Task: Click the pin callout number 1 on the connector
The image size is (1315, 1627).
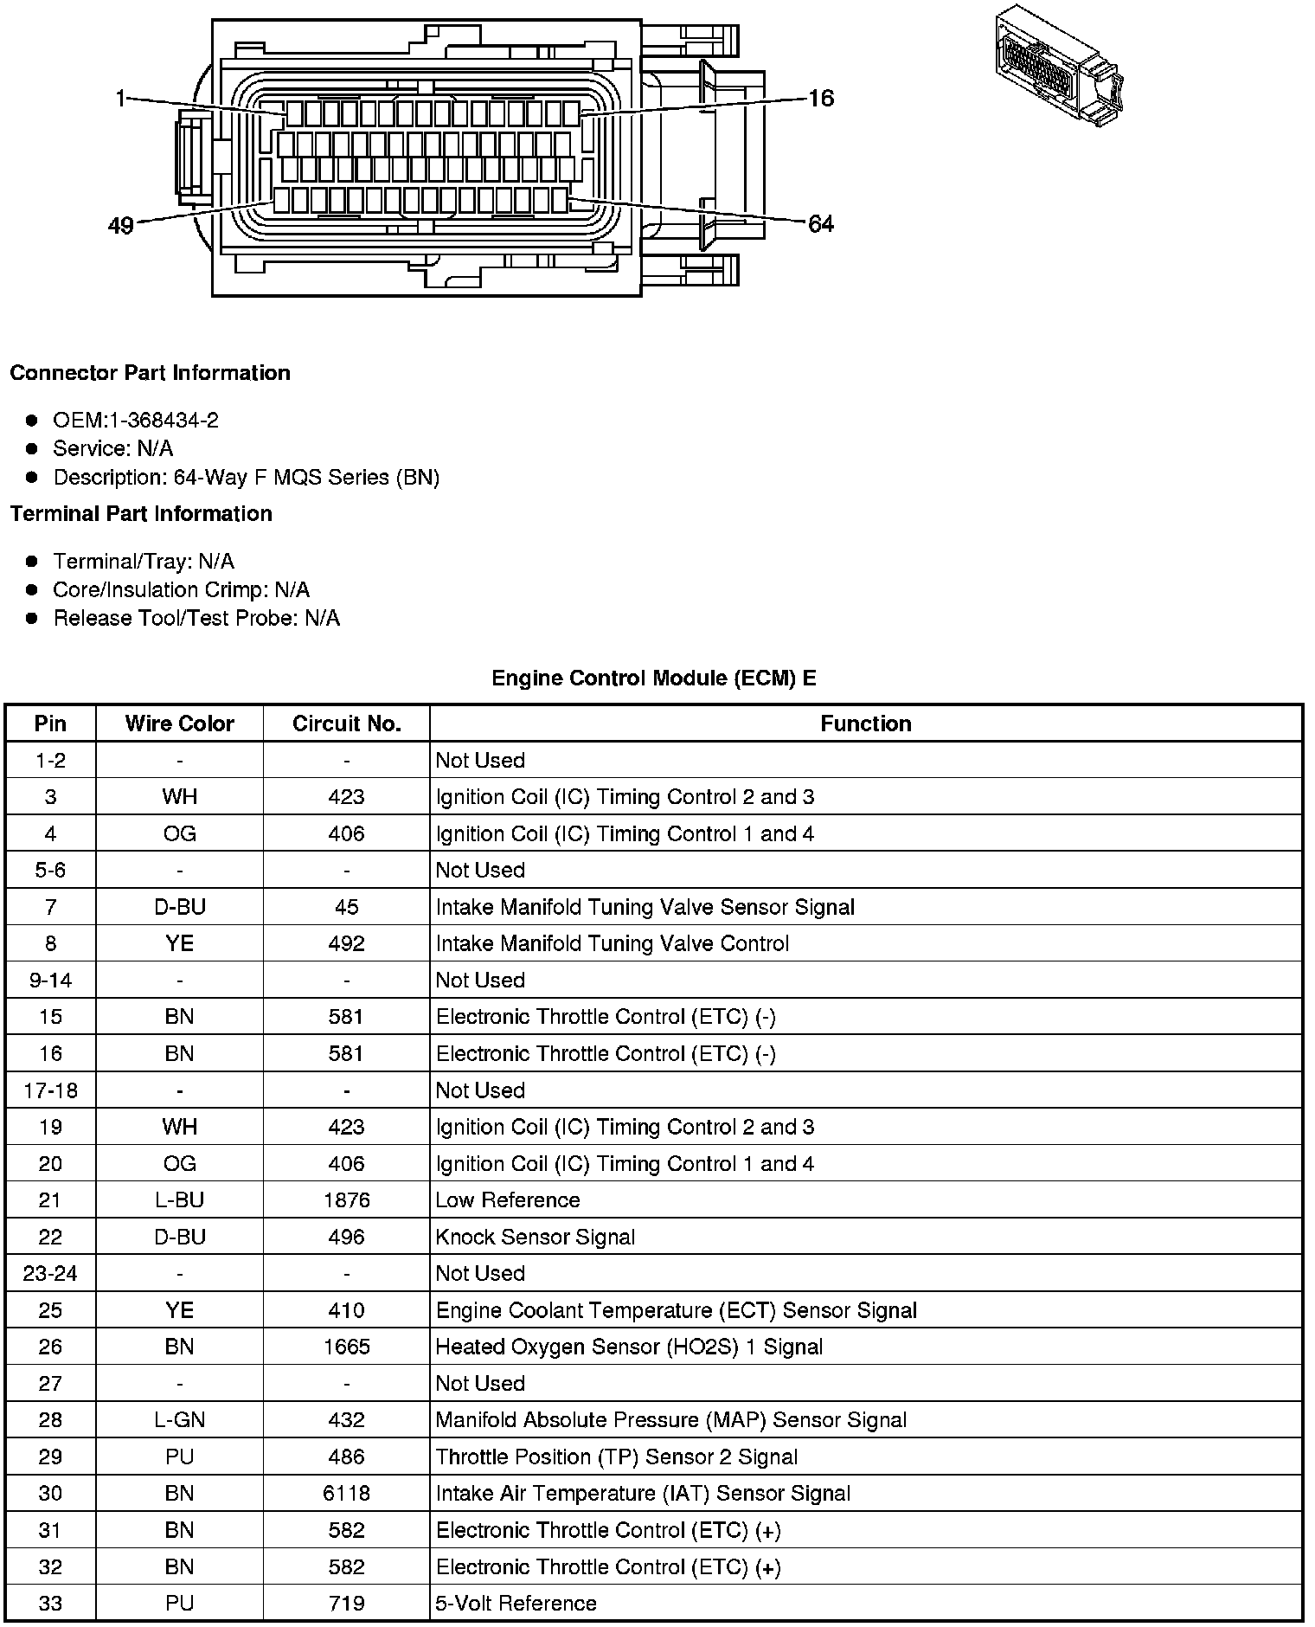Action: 120,100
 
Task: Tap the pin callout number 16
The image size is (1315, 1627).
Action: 820,99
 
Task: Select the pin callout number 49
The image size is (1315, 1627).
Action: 121,226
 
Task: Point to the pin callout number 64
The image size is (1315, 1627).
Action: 820,225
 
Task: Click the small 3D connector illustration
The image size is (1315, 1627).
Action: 1059,68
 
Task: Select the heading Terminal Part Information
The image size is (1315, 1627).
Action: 141,514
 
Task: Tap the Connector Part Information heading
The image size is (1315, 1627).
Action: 150,373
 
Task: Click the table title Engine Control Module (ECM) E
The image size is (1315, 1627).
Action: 653,678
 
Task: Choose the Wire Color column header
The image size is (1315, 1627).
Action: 179,723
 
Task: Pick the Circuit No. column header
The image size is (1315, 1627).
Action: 346,723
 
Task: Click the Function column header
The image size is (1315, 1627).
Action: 865,723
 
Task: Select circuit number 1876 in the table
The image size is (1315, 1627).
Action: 346,1200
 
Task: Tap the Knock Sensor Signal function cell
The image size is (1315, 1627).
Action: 536,1238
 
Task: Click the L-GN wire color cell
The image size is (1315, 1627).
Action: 179,1420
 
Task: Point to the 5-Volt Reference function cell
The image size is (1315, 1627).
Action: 516,1604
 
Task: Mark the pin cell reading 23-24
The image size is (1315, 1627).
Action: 50,1274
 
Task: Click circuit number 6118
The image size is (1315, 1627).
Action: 346,1494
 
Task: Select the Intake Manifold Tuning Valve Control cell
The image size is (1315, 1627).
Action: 613,943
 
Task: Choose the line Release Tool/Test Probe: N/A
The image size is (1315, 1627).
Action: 196,619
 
